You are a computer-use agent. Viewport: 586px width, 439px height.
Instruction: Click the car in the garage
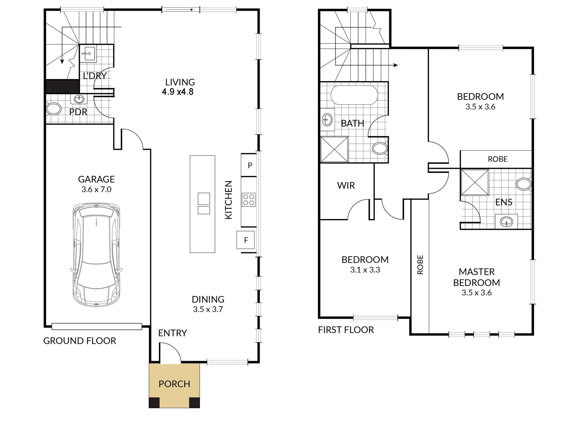[x=96, y=254]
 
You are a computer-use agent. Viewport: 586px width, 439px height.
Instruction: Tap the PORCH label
[x=174, y=384]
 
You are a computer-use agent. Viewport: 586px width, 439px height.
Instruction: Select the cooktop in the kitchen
[x=249, y=199]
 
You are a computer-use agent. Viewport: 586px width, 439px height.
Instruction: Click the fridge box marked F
[x=246, y=240]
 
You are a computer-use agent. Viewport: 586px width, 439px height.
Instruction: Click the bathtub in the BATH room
[x=354, y=95]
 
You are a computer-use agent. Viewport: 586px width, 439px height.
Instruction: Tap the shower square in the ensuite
[x=475, y=182]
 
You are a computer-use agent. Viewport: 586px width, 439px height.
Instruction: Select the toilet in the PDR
[x=53, y=109]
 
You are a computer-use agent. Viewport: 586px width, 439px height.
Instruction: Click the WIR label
[x=346, y=185]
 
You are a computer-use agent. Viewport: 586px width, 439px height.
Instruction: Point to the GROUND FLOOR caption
[x=80, y=341]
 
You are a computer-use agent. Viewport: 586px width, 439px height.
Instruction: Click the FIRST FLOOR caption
[x=346, y=330]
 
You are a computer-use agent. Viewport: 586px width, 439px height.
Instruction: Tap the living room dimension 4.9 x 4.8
[x=178, y=92]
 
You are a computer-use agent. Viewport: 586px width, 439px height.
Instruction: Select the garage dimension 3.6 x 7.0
[x=96, y=189]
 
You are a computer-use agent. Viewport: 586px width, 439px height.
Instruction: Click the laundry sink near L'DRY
[x=89, y=54]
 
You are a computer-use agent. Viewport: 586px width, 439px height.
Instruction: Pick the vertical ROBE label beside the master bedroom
[x=420, y=265]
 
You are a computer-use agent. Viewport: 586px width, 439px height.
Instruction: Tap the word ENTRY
[x=172, y=333]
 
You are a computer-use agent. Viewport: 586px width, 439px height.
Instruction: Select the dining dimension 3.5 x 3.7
[x=208, y=309]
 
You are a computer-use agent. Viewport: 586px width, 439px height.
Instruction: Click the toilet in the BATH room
[x=380, y=148]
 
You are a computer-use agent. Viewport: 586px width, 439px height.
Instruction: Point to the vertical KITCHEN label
[x=228, y=200]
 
